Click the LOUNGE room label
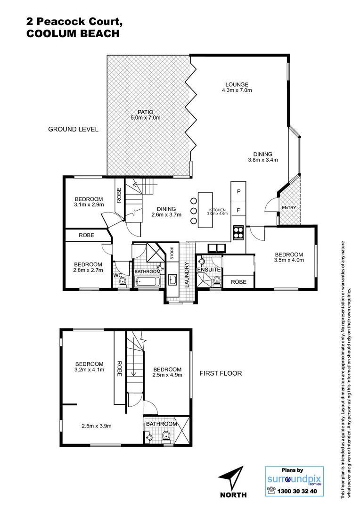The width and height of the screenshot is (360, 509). [237, 85]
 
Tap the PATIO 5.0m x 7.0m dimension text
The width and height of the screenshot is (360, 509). [146, 117]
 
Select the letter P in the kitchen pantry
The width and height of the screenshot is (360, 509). [238, 192]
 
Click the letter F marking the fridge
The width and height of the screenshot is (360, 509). [238, 210]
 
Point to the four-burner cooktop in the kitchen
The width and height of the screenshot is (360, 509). [238, 232]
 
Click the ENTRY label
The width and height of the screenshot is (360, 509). [288, 208]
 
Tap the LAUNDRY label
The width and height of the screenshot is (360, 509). [187, 274]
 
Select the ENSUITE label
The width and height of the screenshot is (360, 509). [209, 269]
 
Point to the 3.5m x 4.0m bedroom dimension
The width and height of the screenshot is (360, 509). [289, 260]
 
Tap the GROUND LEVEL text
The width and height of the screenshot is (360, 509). [74, 129]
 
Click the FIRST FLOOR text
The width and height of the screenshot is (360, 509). [221, 373]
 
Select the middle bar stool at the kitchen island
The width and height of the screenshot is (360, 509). [194, 211]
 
